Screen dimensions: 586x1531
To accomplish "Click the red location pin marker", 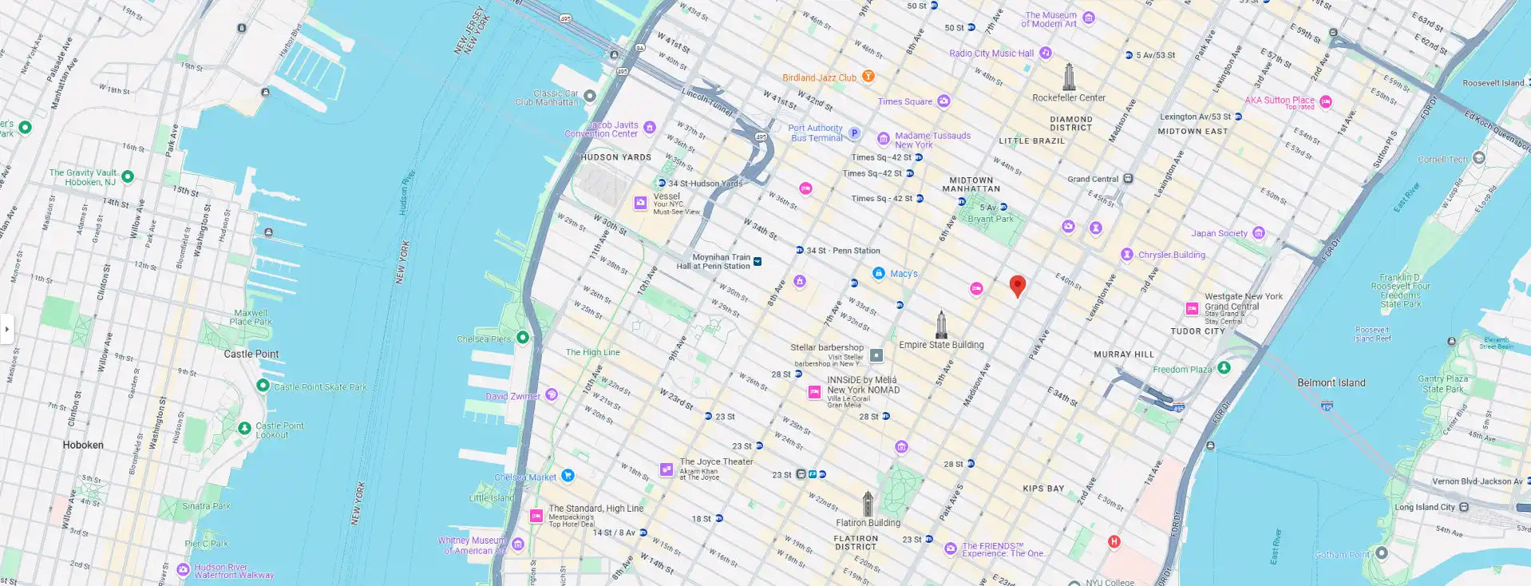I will click(x=1017, y=285).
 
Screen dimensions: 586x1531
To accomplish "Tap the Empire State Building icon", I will click(x=942, y=324).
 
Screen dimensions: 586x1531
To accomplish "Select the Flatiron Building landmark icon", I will click(x=868, y=504).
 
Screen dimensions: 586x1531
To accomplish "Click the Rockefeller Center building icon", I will click(x=1069, y=77).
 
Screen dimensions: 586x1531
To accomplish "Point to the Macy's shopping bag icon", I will click(x=879, y=273).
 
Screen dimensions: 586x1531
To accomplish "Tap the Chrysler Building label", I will click(x=1171, y=255).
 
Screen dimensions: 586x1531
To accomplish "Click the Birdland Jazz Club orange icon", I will click(x=868, y=77).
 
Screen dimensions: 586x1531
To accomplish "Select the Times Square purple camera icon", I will click(x=944, y=101).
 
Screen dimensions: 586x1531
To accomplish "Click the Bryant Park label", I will click(x=991, y=219).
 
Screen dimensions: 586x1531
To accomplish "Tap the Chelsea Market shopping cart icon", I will click(x=568, y=476).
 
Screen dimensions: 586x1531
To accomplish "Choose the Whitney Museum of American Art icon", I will click(x=518, y=544).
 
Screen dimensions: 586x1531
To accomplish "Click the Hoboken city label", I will click(x=83, y=445).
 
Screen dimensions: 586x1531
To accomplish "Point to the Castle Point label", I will click(x=251, y=354).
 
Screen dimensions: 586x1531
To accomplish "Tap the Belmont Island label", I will click(x=1331, y=382).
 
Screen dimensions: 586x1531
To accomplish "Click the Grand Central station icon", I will click(x=1128, y=179).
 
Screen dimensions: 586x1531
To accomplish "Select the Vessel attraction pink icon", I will click(x=640, y=203).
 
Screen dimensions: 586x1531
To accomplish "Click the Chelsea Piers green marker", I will click(x=523, y=338).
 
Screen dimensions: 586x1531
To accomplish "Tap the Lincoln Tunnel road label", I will click(x=707, y=101).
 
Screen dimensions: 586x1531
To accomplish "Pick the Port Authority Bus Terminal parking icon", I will click(x=854, y=133).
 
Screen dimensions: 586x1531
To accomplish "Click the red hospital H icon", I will click(x=1114, y=541).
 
